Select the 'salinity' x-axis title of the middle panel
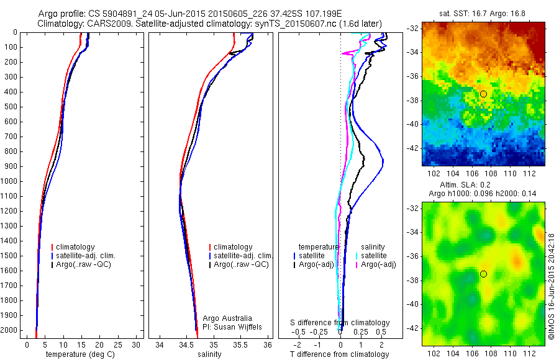(209, 354)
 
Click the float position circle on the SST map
(483, 94)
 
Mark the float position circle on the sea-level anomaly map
(483, 274)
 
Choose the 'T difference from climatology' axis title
(340, 354)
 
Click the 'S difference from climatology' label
(340, 323)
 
